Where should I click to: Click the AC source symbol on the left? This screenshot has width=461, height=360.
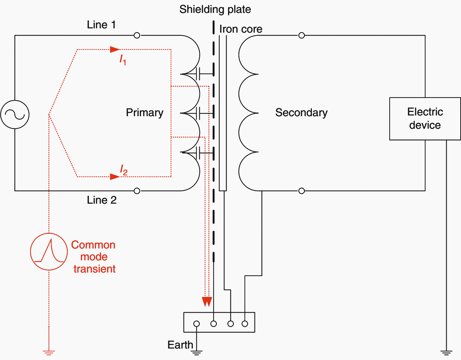[15, 114]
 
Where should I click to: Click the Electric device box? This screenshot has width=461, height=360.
[425, 119]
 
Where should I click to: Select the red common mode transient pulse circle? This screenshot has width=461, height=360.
[49, 251]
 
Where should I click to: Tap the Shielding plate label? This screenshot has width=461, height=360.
[215, 9]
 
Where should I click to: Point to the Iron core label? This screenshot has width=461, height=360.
[241, 29]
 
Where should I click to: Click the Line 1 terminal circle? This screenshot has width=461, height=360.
[137, 35]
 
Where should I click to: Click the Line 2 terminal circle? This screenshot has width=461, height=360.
[137, 191]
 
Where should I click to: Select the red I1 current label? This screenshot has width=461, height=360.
[123, 60]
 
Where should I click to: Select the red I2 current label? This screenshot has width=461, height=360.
[123, 170]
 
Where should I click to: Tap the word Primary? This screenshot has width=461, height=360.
[144, 113]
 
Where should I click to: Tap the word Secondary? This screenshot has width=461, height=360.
[301, 113]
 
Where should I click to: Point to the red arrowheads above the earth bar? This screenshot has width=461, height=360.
[207, 302]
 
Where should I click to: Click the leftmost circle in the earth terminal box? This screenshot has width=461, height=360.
[196, 324]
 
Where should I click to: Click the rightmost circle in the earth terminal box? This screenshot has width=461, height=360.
[245, 324]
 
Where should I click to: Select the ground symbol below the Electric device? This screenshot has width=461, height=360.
[446, 352]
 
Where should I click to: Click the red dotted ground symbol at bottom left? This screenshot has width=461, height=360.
[49, 353]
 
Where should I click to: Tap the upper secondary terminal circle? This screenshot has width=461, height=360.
[301, 35]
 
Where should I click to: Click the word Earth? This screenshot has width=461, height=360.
[180, 345]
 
